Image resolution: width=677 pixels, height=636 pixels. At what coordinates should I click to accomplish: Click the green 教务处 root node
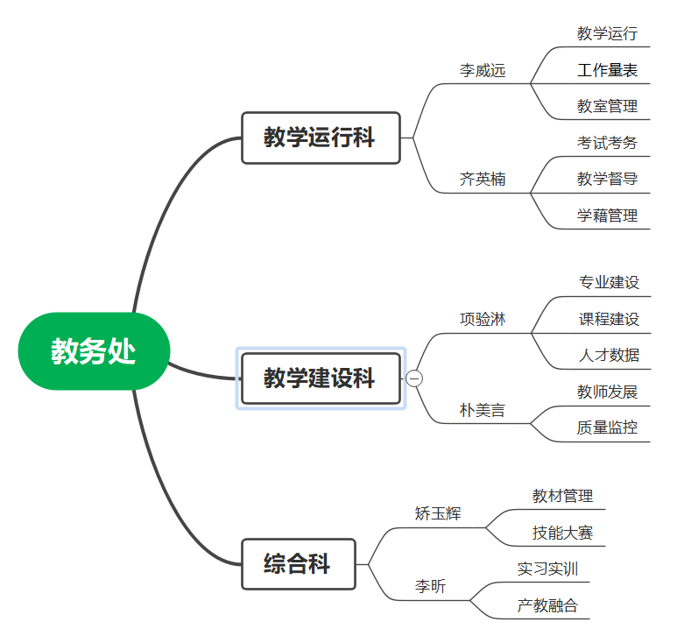[x=93, y=351]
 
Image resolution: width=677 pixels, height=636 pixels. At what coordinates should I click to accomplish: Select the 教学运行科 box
[x=321, y=138]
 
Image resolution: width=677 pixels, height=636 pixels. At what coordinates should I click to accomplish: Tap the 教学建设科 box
[x=321, y=378]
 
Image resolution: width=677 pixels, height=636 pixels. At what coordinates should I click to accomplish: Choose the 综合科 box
[x=298, y=564]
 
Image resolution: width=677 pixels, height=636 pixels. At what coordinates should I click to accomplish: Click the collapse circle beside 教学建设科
[x=414, y=378]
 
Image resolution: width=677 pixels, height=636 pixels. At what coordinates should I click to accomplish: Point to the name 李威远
[x=483, y=71]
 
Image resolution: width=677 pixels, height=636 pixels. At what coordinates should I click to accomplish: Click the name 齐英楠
[x=483, y=180]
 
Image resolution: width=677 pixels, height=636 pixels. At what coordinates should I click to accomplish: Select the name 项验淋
[x=483, y=319]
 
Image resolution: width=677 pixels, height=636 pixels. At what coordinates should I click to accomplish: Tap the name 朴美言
[x=483, y=410]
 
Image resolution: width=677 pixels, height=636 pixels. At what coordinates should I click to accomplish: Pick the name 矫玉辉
[x=437, y=513]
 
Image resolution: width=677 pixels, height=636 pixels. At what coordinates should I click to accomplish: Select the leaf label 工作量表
[x=607, y=70]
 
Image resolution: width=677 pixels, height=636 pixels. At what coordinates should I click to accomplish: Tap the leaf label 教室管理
[x=607, y=107]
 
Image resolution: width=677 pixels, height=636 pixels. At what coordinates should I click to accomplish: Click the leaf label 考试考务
[x=607, y=143]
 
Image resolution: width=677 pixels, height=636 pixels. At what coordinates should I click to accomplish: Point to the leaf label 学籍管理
[x=607, y=216]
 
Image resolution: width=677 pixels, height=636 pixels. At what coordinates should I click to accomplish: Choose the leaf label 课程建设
[x=609, y=319]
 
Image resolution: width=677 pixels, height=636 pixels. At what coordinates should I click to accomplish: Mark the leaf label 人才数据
[x=609, y=355]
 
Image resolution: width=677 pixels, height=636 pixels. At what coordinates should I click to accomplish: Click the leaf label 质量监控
[x=607, y=428]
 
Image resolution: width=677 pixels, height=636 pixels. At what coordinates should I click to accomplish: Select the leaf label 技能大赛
[x=562, y=533]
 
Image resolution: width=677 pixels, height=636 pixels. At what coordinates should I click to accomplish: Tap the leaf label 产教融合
[x=547, y=605]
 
